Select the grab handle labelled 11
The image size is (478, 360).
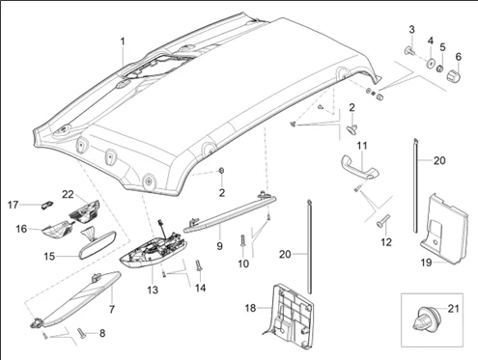click(359, 165)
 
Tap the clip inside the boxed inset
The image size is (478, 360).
click(425, 318)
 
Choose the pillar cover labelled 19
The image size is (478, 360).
click(444, 229)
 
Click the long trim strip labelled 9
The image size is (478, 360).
click(230, 213)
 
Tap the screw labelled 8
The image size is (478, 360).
click(81, 333)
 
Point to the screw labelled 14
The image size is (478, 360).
click(198, 265)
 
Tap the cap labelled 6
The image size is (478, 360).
click(454, 75)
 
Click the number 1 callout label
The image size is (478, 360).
click(123, 42)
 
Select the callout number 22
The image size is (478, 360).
click(68, 194)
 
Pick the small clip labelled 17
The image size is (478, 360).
click(47, 205)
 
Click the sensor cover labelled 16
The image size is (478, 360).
click(57, 230)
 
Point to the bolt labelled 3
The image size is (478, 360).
click(408, 50)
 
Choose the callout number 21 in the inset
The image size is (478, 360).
click(453, 309)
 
